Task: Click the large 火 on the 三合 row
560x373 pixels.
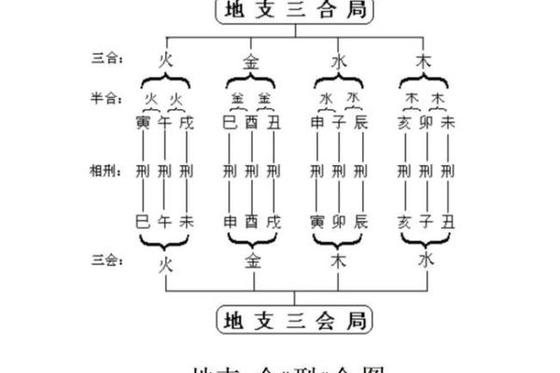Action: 164,61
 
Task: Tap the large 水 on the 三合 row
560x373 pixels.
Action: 338,61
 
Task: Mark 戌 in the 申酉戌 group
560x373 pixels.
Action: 273,222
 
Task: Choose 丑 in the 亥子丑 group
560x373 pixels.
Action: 448,222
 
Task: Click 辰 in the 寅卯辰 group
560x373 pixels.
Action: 360,222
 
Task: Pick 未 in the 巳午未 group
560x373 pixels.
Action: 186,222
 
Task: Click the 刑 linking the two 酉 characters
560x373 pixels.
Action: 251,171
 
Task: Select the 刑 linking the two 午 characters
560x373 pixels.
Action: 164,171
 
